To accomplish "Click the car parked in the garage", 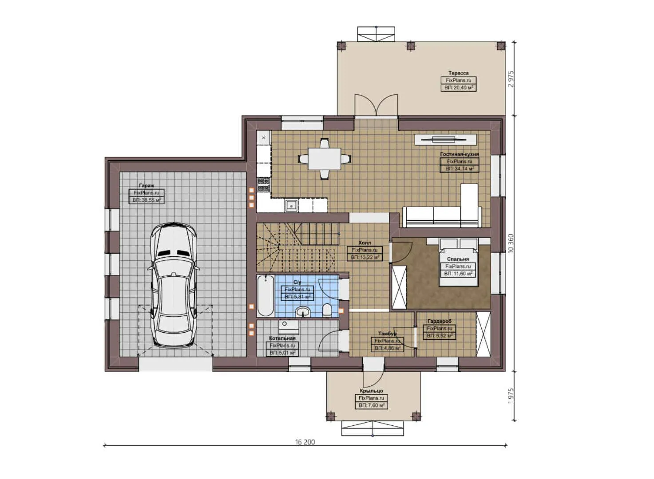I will tap(174, 286).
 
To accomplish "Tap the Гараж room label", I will tap(147, 186).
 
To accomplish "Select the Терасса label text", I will tap(458, 73).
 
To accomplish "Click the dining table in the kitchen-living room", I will tap(325, 158).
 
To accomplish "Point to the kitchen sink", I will tap(292, 205).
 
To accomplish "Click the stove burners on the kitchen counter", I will tap(264, 185).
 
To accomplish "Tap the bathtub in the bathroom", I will tap(266, 295).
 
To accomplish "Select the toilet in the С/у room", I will tap(327, 310).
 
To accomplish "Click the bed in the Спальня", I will tap(458, 262).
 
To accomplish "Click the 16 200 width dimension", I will tap(305, 442).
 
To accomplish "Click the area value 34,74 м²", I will tap(460, 169).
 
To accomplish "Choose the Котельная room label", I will tap(282, 338).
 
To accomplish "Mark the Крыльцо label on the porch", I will tap(372, 391).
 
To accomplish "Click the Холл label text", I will tap(365, 243).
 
